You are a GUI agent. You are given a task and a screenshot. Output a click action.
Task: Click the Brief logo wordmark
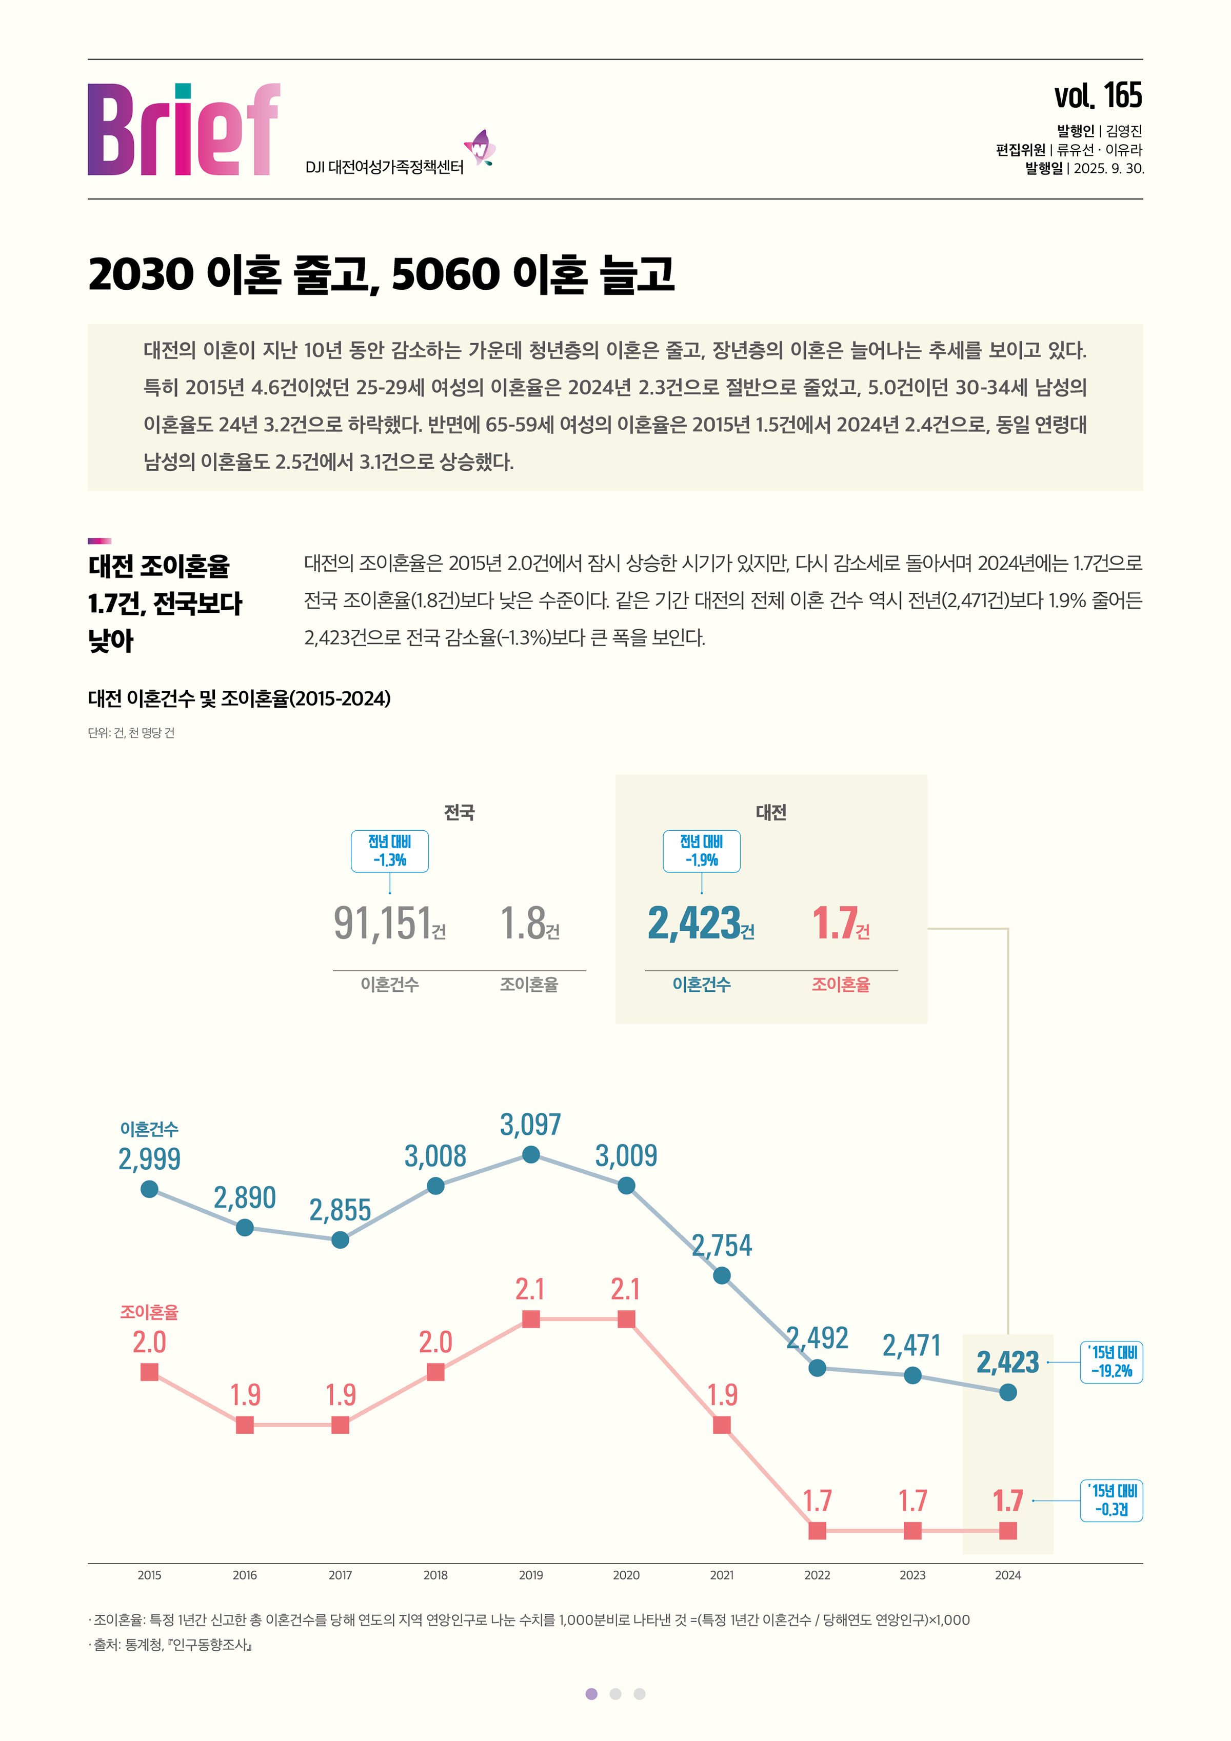(184, 130)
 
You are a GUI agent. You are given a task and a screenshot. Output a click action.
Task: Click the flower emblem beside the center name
(480, 148)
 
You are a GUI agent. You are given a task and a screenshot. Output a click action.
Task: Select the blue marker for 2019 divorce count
(531, 1154)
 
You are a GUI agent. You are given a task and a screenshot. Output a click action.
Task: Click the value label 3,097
(530, 1124)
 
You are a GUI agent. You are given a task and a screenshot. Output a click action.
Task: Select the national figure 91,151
(383, 923)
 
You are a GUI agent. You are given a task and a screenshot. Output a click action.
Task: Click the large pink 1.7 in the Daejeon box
(835, 923)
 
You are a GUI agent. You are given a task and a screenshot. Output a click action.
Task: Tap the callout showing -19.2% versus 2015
(1110, 1362)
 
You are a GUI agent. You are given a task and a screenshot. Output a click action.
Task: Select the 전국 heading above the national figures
(459, 812)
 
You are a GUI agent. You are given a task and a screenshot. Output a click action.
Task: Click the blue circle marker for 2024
(1007, 1392)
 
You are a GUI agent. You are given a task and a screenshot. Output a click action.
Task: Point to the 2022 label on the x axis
(817, 1575)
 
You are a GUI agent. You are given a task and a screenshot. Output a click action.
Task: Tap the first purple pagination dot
(591, 1694)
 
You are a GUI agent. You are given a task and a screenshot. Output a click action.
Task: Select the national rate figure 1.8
(523, 923)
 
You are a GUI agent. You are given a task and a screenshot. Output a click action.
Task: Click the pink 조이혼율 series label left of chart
(149, 1312)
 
